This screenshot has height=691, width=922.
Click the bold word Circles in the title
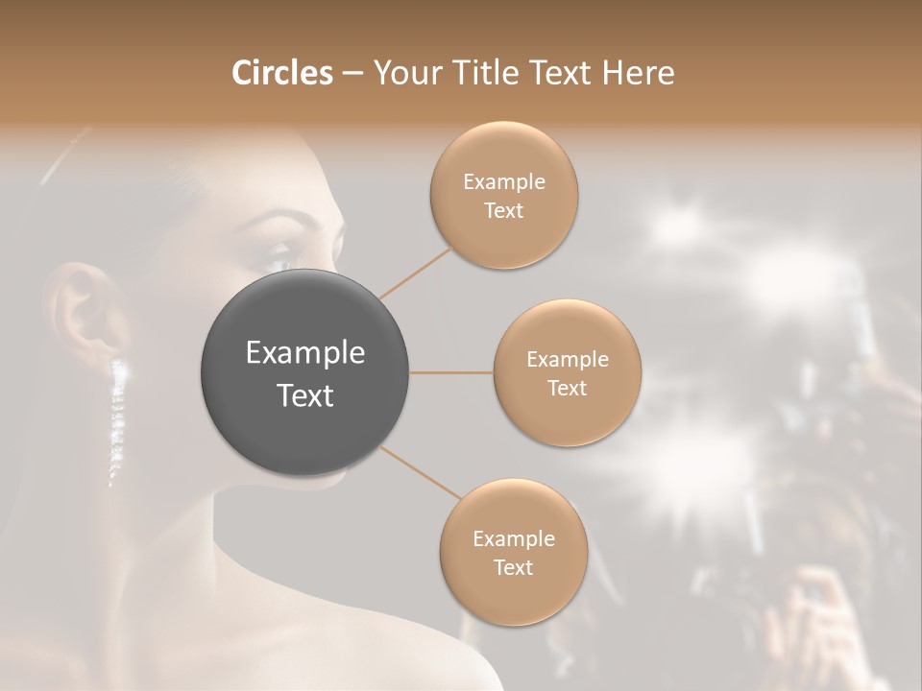(281, 73)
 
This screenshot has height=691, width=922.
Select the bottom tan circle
(513, 595)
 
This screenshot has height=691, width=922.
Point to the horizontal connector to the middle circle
(450, 372)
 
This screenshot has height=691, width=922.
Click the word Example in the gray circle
(305, 353)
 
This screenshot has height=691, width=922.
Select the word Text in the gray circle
(305, 395)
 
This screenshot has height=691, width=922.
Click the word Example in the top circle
(504, 182)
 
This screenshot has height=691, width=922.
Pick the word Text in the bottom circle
(513, 567)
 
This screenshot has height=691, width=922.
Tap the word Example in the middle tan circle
(568, 360)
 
